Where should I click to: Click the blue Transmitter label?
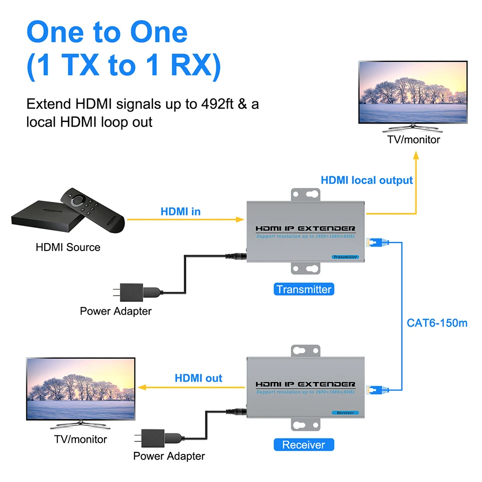tap(304, 289)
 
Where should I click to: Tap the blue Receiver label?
tap(304, 445)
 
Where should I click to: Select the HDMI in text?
tap(180, 211)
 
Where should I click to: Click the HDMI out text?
tap(198, 378)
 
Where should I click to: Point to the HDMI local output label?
tap(367, 180)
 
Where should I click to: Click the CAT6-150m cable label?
tap(437, 322)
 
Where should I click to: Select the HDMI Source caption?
tap(68, 247)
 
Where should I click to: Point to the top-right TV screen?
tap(413, 92)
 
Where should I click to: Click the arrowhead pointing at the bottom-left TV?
tap(142, 387)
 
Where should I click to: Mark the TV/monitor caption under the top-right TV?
tap(413, 140)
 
